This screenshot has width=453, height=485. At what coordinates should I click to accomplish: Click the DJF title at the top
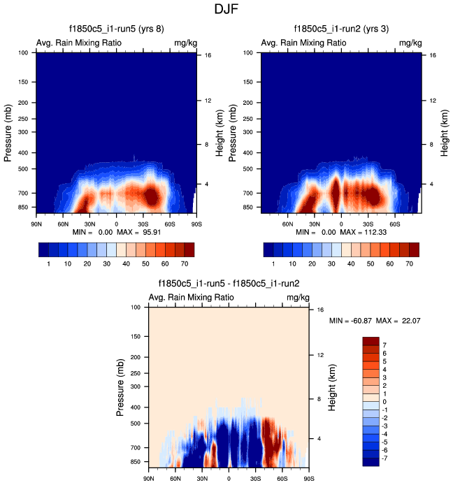(x=226, y=10)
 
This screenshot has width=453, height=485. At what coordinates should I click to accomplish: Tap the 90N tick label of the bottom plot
(x=149, y=479)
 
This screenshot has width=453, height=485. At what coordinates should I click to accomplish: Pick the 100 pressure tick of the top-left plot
(x=24, y=52)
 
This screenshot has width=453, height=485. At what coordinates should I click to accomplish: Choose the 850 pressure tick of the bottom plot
(x=135, y=462)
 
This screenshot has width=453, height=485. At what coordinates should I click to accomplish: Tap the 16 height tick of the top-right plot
(x=432, y=55)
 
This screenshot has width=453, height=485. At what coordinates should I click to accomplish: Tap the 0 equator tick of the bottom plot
(x=229, y=479)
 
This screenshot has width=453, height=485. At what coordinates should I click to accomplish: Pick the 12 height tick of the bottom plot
(x=318, y=356)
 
